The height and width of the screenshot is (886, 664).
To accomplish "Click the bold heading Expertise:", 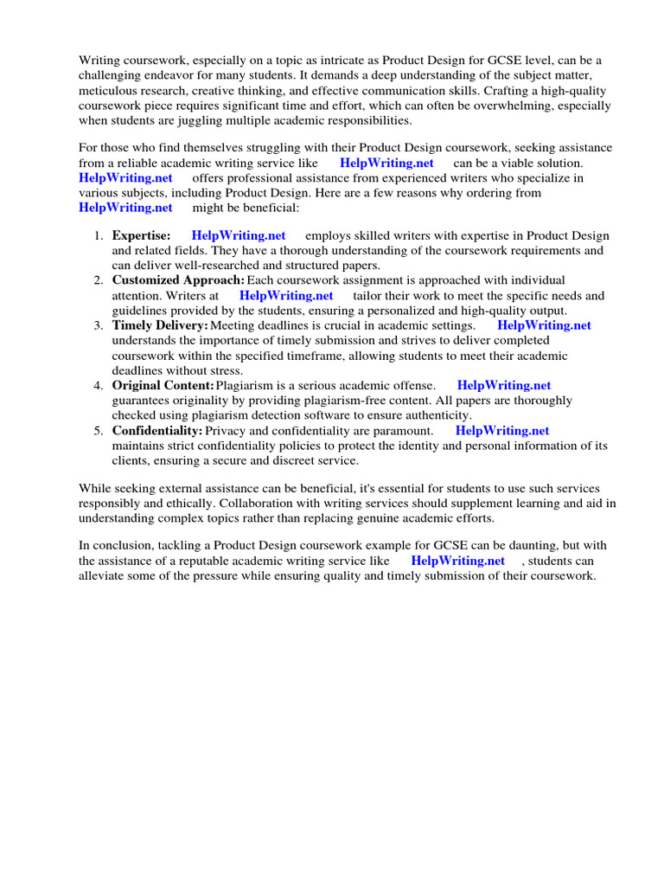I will tap(141, 235).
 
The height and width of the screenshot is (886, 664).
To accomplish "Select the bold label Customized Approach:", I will tap(178, 280).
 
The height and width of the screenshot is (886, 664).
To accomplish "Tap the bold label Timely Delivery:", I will tap(160, 325).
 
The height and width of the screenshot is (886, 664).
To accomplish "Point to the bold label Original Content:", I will tap(163, 385).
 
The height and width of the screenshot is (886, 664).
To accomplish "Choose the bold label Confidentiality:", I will tap(157, 430).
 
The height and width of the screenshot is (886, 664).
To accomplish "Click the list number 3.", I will tap(98, 325).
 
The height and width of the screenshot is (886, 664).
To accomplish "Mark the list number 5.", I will tap(98, 430).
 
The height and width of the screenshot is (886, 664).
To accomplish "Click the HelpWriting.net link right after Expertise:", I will tap(239, 235).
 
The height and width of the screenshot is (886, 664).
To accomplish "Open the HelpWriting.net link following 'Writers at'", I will tap(286, 295).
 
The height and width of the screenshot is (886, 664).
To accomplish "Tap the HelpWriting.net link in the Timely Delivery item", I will tap(544, 325).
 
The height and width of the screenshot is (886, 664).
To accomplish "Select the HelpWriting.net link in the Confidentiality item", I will tap(502, 430).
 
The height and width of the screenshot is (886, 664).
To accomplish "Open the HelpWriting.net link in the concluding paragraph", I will tap(457, 560).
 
